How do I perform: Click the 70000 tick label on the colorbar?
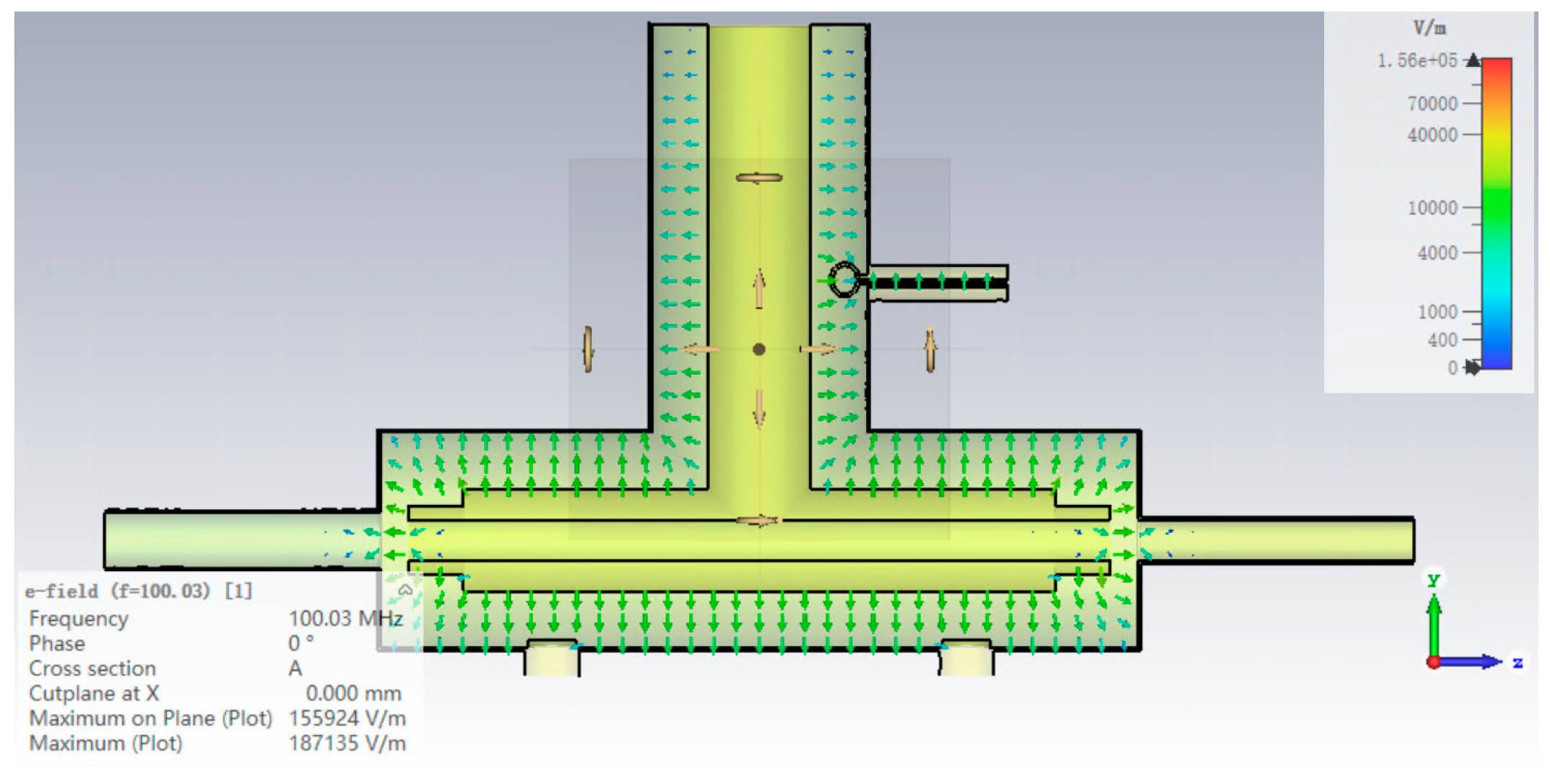(x=1432, y=104)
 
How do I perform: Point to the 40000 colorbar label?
(x=1432, y=135)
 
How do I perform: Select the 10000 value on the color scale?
(x=1432, y=208)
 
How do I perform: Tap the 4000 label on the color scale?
(x=1437, y=253)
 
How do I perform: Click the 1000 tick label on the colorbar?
(x=1437, y=312)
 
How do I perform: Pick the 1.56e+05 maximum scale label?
(x=1417, y=60)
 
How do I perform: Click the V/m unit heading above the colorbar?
(x=1429, y=28)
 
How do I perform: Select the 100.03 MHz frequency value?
(x=345, y=618)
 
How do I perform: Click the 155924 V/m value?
(x=347, y=718)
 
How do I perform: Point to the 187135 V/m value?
(x=347, y=743)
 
